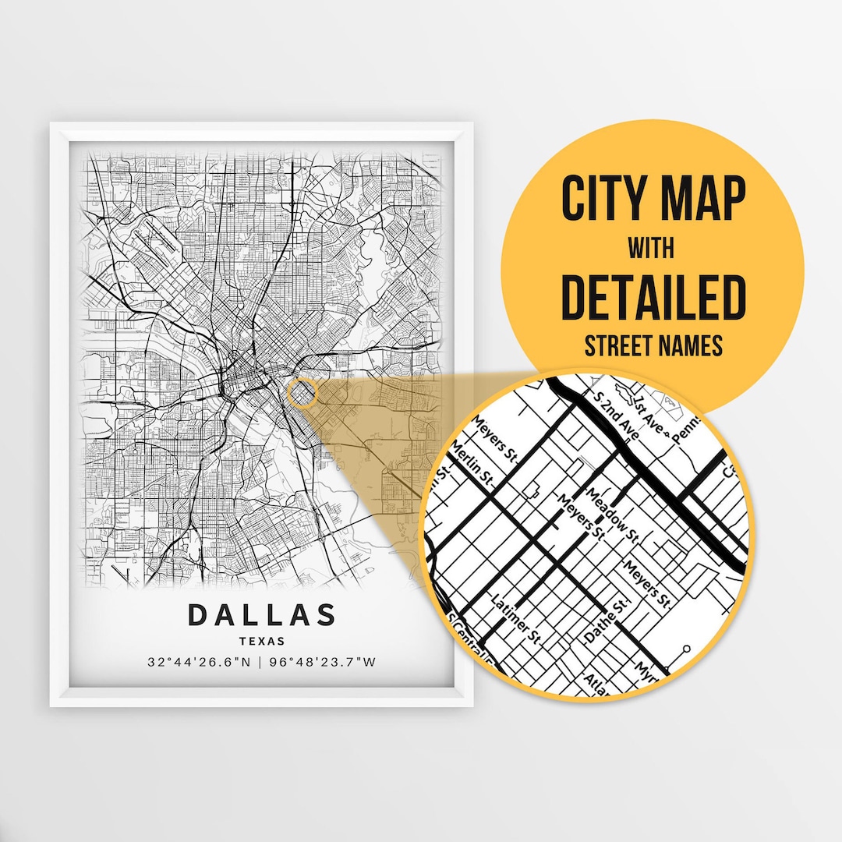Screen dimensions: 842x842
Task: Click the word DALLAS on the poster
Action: point(261,615)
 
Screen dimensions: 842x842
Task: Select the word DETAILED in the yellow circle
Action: point(653,298)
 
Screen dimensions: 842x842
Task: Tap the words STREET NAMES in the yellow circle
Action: point(653,345)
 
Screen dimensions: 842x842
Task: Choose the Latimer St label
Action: point(516,620)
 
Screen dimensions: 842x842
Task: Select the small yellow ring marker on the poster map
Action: point(302,393)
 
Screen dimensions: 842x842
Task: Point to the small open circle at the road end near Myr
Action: point(687,649)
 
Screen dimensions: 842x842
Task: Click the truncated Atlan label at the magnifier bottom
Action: point(596,683)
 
